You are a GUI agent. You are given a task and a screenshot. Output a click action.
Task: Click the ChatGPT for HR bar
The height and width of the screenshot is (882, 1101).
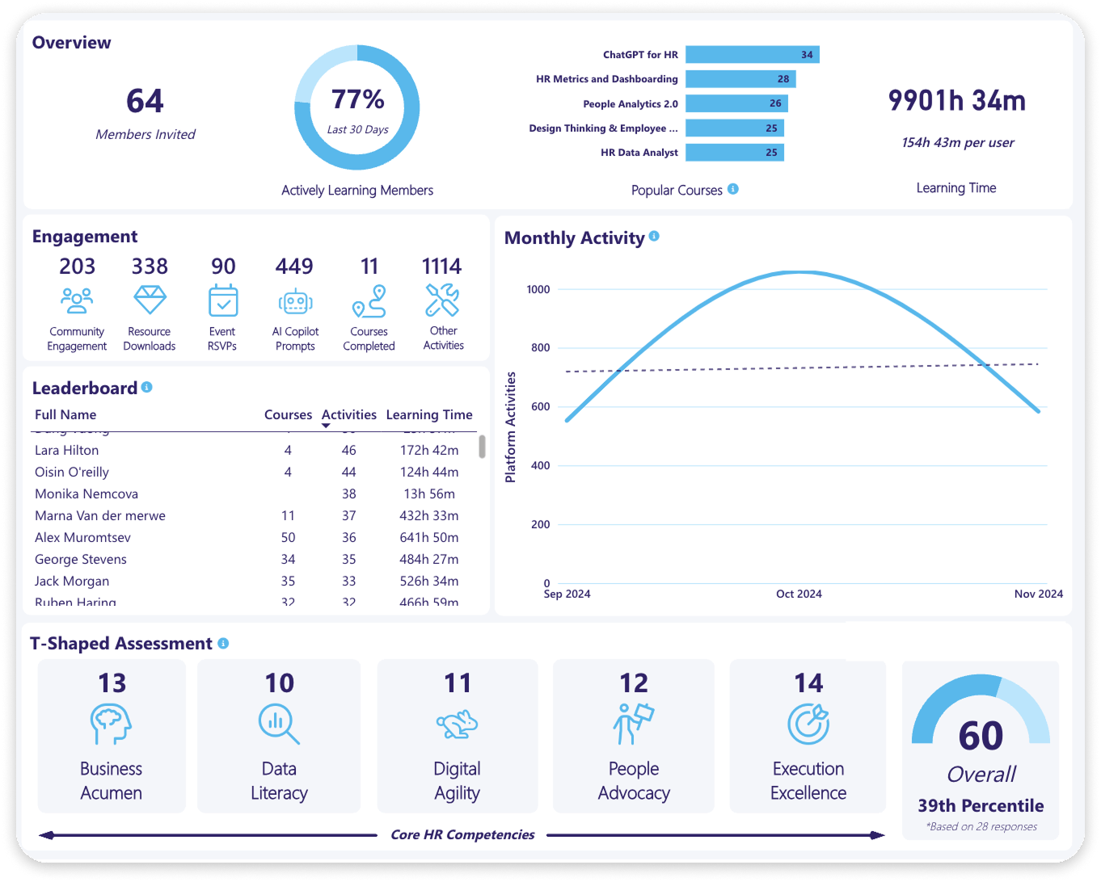click(752, 55)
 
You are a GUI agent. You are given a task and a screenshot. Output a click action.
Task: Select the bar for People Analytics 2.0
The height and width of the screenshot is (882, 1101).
click(736, 103)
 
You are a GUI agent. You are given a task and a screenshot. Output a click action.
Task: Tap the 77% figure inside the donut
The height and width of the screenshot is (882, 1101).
click(357, 100)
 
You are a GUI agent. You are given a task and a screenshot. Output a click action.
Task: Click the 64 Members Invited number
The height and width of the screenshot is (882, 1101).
click(146, 102)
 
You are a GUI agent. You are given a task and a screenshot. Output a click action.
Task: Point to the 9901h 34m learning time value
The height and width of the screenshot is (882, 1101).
click(957, 101)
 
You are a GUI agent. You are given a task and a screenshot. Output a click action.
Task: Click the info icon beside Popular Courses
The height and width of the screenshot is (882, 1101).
click(733, 189)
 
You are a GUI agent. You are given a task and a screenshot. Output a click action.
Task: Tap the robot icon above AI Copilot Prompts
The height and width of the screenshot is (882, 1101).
click(295, 302)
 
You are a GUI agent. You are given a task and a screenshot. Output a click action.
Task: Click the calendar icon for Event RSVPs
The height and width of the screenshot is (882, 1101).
click(223, 300)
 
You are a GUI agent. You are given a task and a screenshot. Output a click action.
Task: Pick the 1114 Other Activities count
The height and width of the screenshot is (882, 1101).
click(441, 267)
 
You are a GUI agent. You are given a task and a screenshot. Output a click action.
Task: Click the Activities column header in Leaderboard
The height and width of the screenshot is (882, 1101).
click(349, 414)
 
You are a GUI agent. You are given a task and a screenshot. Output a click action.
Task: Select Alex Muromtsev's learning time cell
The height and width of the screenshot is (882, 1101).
click(429, 537)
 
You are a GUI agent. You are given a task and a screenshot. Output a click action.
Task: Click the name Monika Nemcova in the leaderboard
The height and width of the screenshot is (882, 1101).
click(86, 493)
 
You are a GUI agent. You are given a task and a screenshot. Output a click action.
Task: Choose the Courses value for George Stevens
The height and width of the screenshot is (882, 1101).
click(288, 559)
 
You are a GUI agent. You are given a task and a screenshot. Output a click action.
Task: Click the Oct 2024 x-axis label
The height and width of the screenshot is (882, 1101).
click(799, 594)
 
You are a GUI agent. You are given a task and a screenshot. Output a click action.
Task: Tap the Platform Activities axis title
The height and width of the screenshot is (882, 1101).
click(510, 427)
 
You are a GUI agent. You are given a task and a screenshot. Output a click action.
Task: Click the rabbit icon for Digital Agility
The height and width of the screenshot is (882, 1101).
click(458, 724)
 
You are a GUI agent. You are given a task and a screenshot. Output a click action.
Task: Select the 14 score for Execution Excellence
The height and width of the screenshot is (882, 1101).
click(808, 683)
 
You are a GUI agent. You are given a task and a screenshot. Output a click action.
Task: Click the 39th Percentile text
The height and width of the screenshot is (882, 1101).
click(981, 805)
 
